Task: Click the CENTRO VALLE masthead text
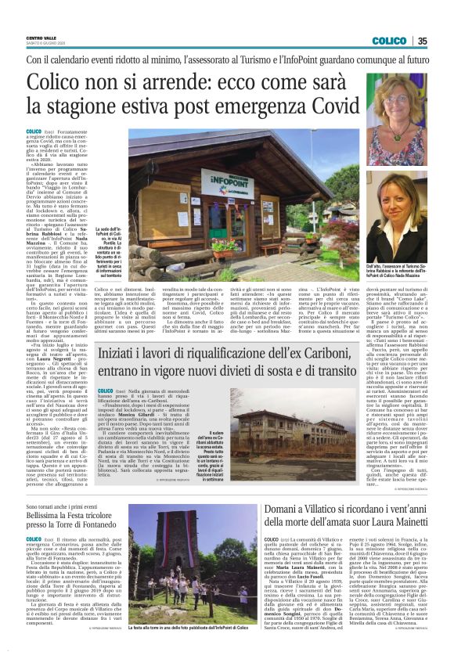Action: pos(44,38)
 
